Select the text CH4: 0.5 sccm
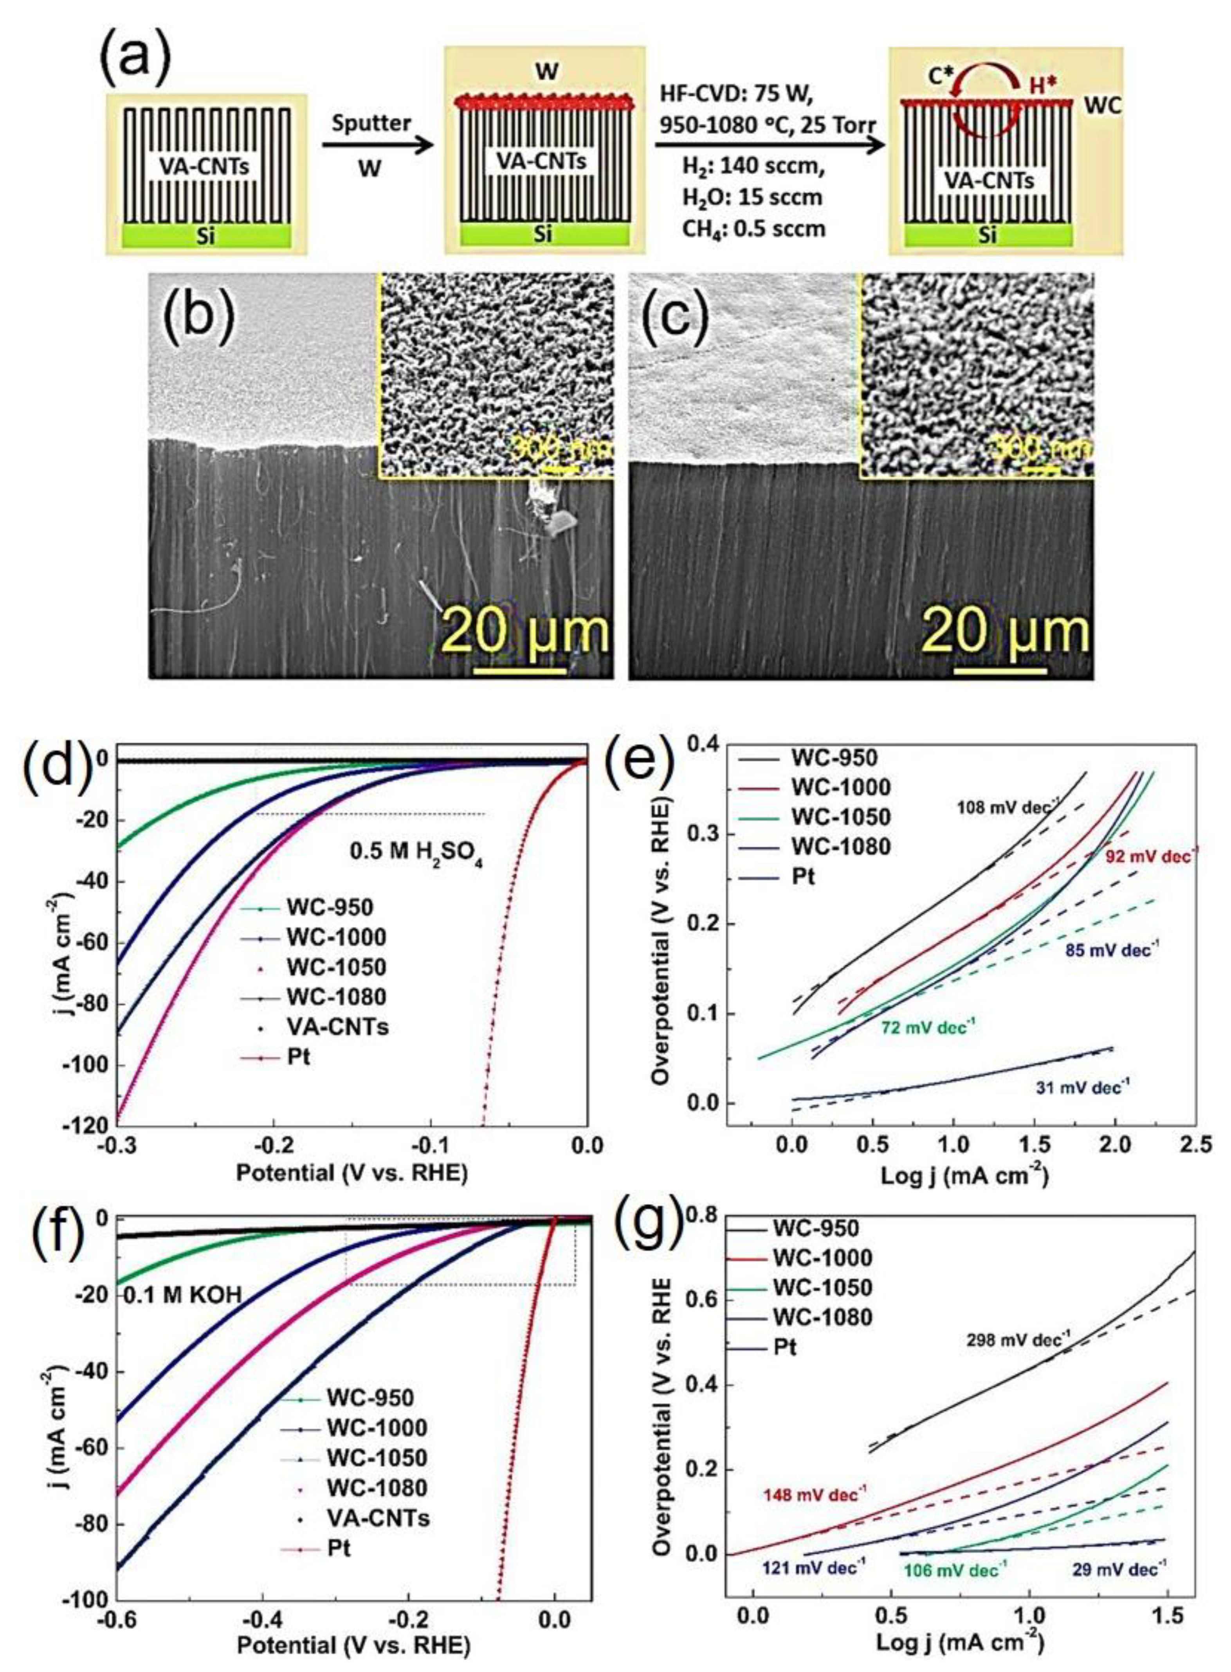[x=753, y=229]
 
